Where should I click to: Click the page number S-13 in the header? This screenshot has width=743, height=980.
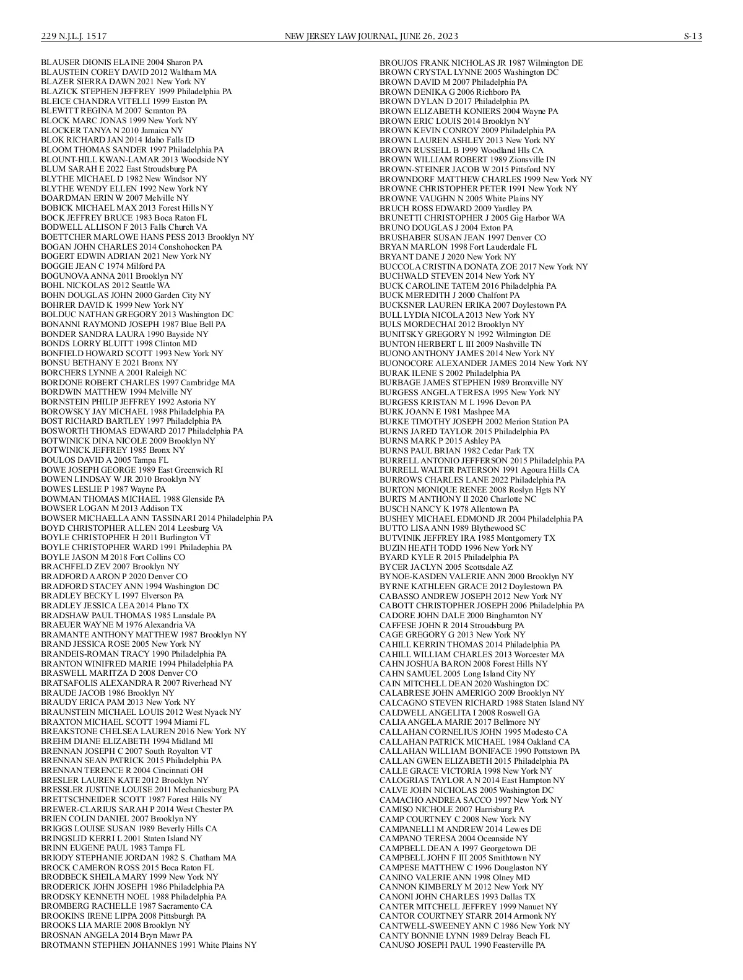tap(692, 36)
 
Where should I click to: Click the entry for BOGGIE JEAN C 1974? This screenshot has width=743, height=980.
tap(103, 266)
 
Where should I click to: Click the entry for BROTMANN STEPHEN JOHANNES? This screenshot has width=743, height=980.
tap(149, 945)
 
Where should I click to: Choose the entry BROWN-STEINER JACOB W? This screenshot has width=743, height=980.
tap(467, 169)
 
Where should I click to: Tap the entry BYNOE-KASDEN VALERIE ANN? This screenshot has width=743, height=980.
tap(476, 576)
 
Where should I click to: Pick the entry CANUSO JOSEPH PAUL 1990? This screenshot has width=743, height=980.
tap(462, 945)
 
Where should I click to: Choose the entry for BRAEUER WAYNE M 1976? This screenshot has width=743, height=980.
tap(118, 624)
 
